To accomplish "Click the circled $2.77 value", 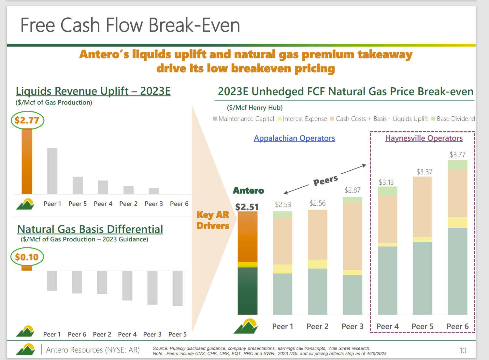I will pyautogui.click(x=27, y=120).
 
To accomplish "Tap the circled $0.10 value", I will pyautogui.click(x=27, y=257).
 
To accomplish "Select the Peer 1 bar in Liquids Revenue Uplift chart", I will pyautogui.click(x=52, y=171).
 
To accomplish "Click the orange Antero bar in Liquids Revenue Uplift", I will pyautogui.click(x=27, y=161).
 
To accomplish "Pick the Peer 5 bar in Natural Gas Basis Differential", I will pyautogui.click(x=178, y=288).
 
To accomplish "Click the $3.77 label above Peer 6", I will pyautogui.click(x=457, y=154).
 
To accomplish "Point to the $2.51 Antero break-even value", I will pyautogui.click(x=247, y=207).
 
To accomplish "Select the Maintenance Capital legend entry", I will pyautogui.click(x=243, y=119).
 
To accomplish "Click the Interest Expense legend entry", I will pyautogui.click(x=302, y=119).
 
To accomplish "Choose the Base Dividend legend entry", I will pyautogui.click(x=453, y=119).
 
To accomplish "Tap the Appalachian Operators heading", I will pyautogui.click(x=294, y=138).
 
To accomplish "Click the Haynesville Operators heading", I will pyautogui.click(x=424, y=138).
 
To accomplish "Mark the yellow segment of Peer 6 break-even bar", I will pyautogui.click(x=457, y=222).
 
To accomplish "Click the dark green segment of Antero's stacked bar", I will pyautogui.click(x=247, y=291).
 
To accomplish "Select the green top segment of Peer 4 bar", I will pyautogui.click(x=387, y=191).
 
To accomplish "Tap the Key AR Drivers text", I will pyautogui.click(x=213, y=220).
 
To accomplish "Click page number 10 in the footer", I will pyautogui.click(x=463, y=351).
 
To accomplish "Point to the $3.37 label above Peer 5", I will pyautogui.click(x=424, y=172).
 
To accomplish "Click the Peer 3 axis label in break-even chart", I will pyautogui.click(x=352, y=326).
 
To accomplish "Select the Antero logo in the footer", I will pyautogui.click(x=25, y=350).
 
